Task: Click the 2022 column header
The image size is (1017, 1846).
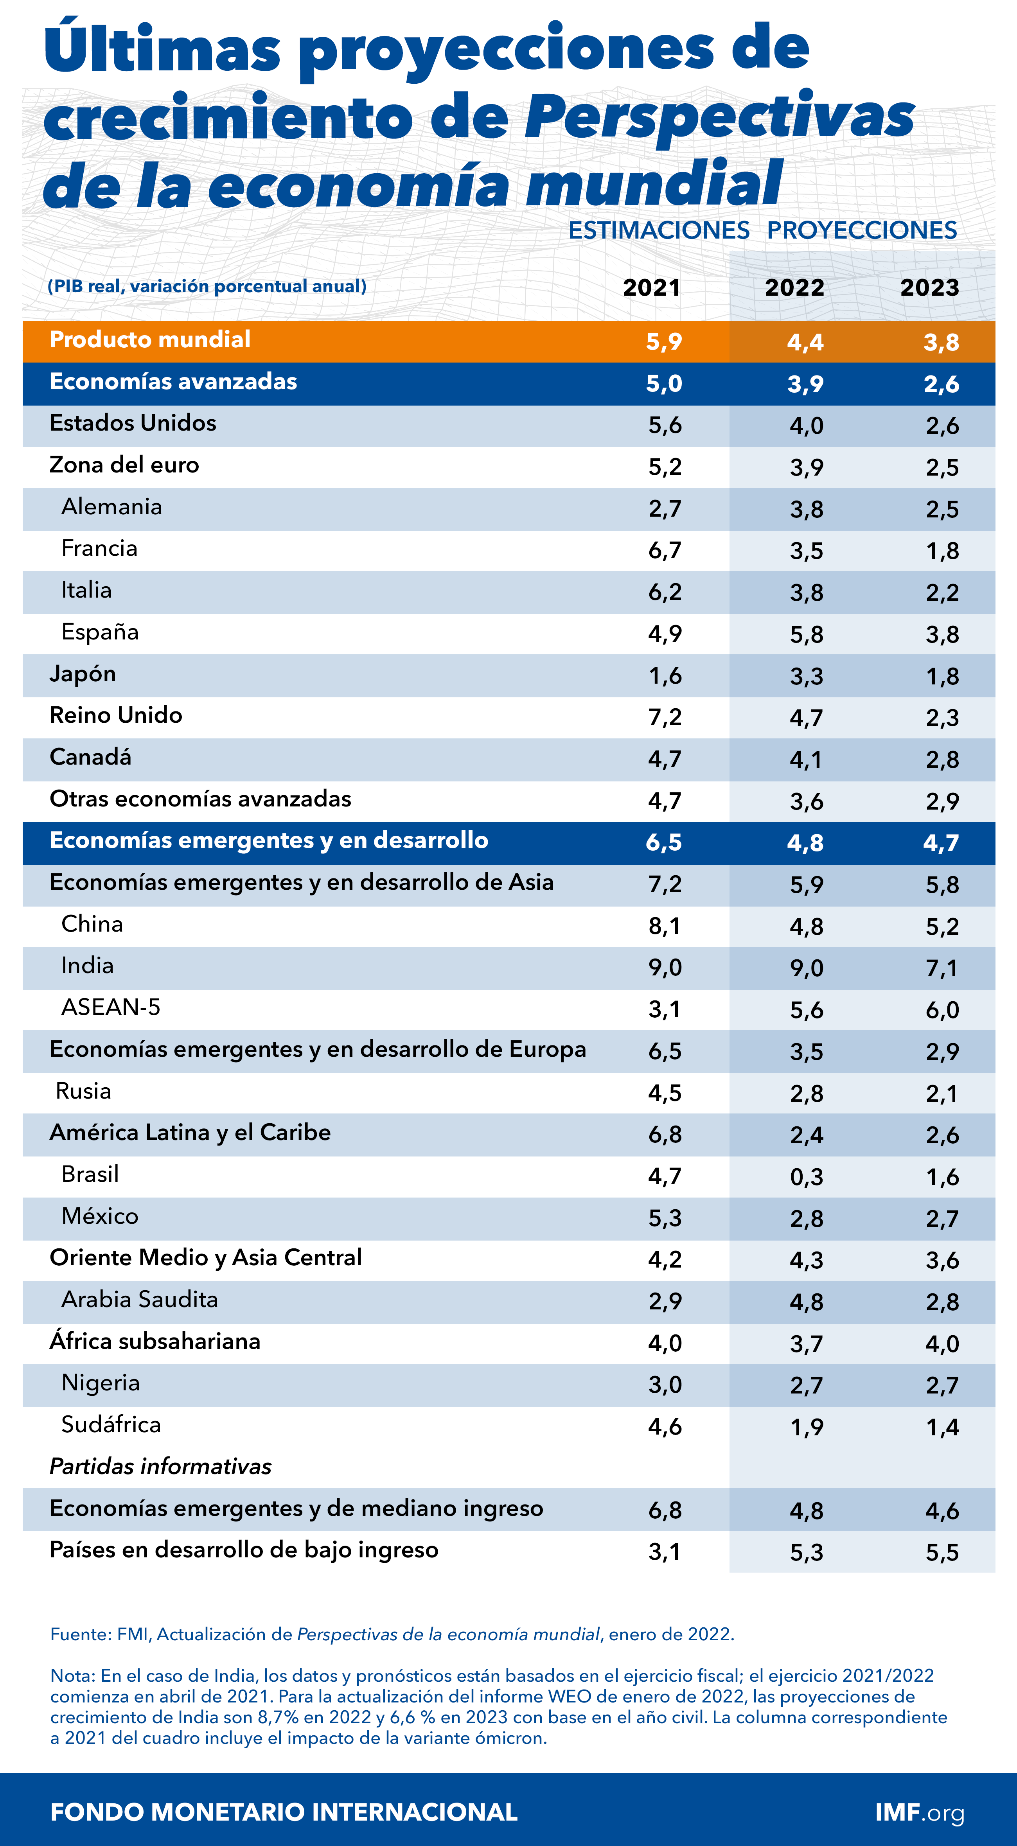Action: pos(794,287)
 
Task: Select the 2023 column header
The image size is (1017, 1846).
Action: pos(929,287)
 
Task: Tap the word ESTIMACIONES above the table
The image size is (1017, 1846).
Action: pos(659,230)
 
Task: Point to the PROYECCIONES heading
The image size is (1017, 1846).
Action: pos(861,230)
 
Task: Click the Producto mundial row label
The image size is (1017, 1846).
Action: pos(150,340)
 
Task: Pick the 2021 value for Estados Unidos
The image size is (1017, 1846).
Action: pos(665,425)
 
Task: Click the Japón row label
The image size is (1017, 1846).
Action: pos(83,673)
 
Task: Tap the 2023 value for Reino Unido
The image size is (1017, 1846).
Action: pos(942,717)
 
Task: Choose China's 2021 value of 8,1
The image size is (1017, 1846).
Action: pos(665,926)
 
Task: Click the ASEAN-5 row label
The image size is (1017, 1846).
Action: pos(110,1007)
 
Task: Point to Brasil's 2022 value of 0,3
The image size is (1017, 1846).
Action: pos(806,1177)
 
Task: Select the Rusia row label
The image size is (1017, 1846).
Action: pos(83,1091)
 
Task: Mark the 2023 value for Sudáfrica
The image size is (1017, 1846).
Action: pos(942,1427)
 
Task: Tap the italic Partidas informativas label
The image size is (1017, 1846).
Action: pos(160,1466)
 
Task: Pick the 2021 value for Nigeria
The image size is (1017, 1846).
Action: pos(665,1384)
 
